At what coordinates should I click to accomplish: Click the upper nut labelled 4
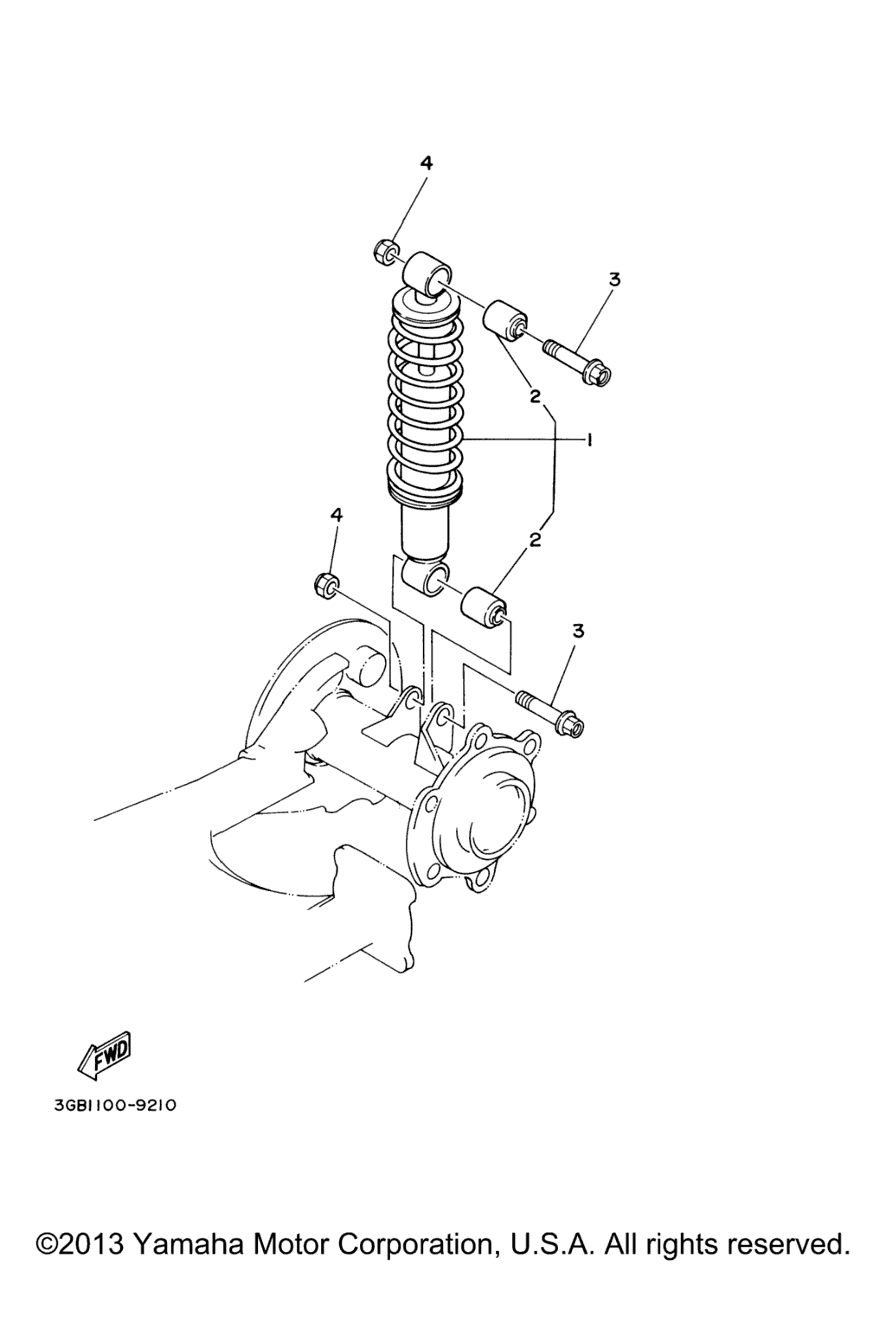tap(386, 252)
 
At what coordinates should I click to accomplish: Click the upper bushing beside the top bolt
tap(505, 323)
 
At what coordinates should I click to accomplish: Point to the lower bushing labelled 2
tap(484, 607)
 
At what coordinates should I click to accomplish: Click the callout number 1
tap(590, 440)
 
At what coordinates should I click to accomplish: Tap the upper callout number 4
tap(426, 163)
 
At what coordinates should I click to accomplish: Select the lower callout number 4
tap(336, 515)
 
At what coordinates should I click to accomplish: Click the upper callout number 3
tap(614, 279)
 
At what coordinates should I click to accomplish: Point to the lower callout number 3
tap(578, 632)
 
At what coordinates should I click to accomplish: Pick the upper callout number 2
tap(536, 396)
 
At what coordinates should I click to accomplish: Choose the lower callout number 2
tap(536, 540)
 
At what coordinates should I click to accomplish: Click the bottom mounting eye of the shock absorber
tap(425, 576)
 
